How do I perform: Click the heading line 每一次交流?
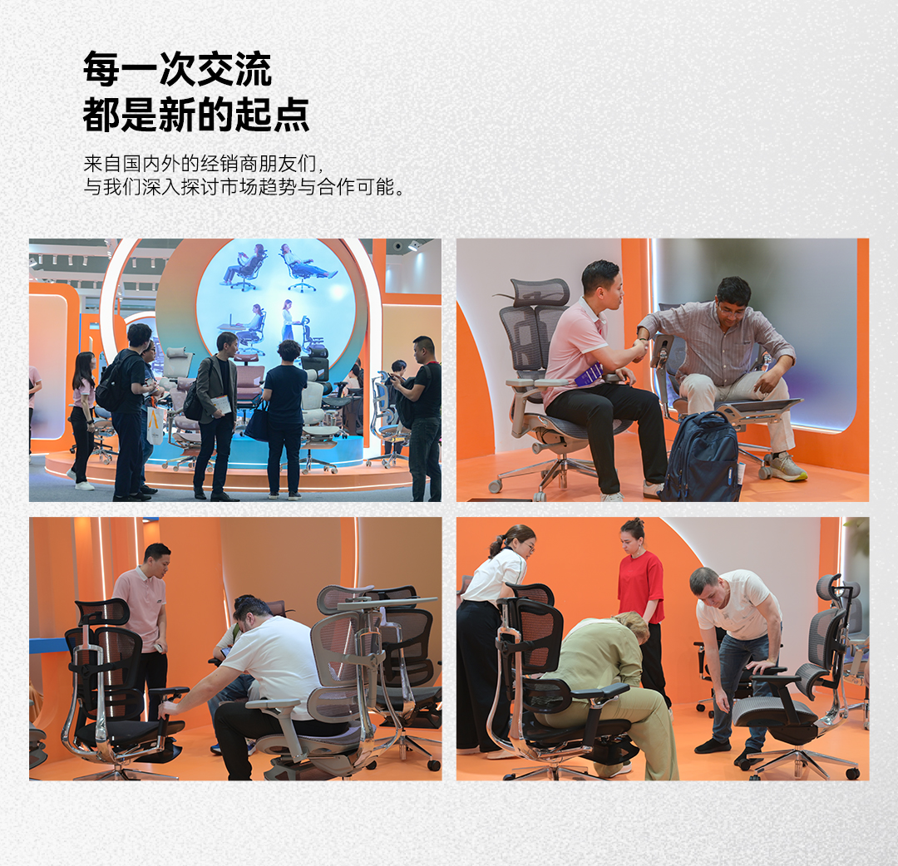(x=177, y=69)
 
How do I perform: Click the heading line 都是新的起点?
(x=196, y=115)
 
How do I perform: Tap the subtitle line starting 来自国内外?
(x=204, y=163)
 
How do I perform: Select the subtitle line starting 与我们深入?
(x=244, y=187)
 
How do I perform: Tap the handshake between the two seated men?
(x=640, y=347)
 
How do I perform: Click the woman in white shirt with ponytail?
(x=491, y=635)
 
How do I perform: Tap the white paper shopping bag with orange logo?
(x=155, y=426)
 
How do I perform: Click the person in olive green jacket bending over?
(x=613, y=686)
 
